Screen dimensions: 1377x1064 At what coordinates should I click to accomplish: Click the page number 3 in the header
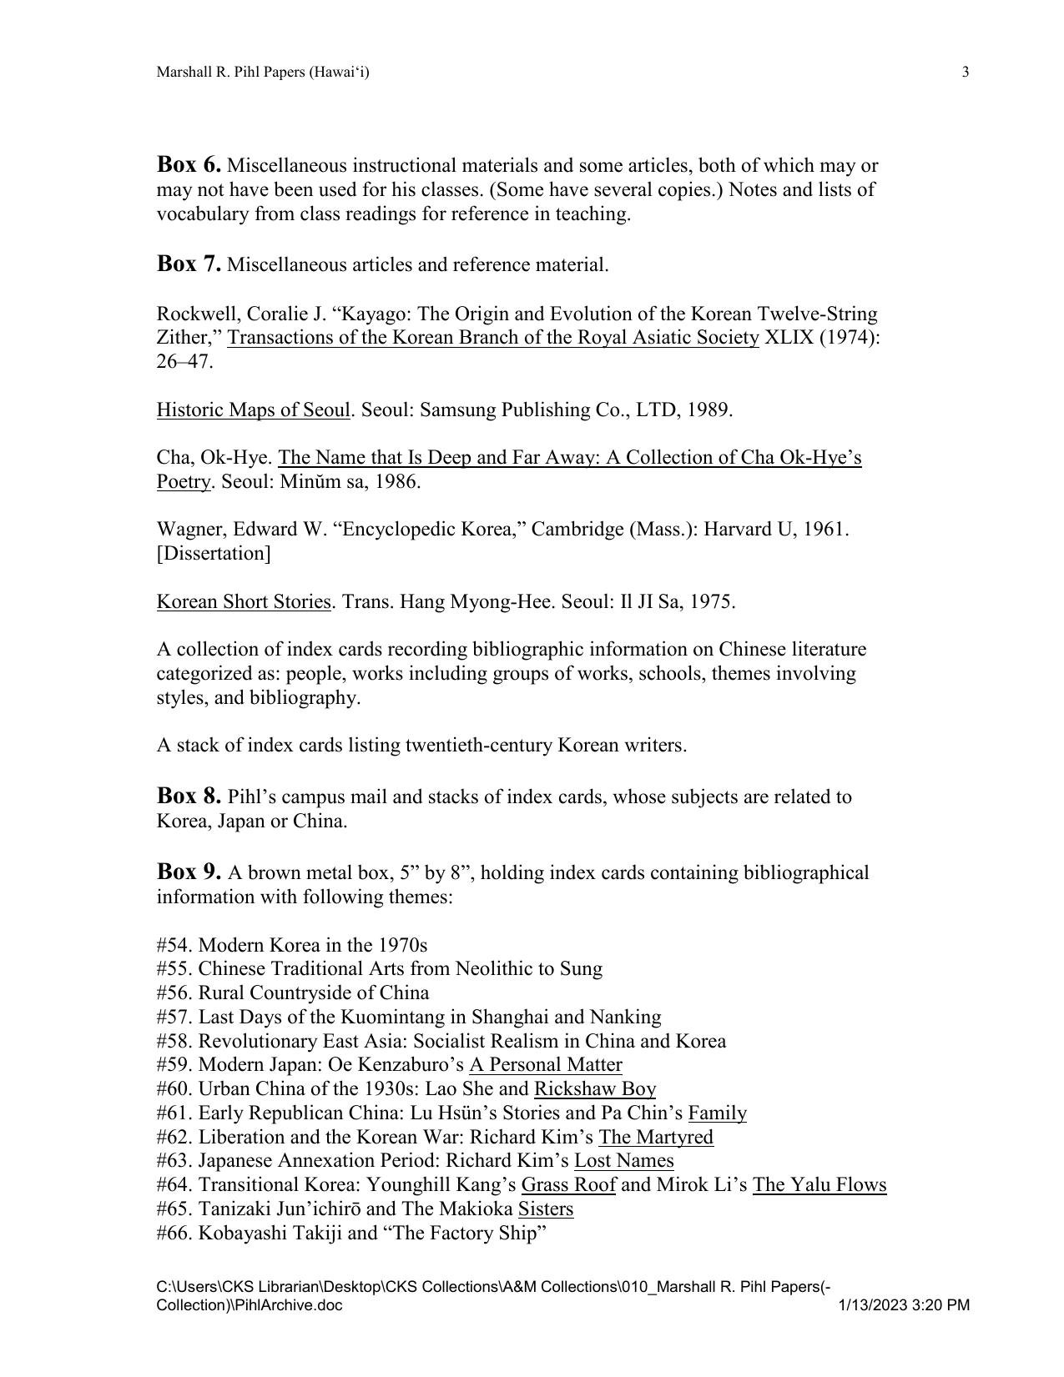point(966,73)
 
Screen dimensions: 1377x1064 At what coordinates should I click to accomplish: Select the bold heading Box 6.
point(189,164)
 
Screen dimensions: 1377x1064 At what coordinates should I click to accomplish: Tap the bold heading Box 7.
point(189,264)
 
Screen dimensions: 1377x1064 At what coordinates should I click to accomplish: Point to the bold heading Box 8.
point(189,796)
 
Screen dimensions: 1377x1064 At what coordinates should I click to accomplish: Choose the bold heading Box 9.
point(189,872)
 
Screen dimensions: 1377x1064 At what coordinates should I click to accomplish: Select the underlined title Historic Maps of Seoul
point(253,410)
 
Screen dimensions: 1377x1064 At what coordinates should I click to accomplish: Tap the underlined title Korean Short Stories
point(244,602)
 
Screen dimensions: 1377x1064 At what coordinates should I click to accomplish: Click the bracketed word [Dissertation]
point(214,554)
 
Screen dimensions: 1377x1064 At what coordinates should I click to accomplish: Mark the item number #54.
point(174,946)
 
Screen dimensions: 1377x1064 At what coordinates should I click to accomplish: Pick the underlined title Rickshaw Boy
point(595,1089)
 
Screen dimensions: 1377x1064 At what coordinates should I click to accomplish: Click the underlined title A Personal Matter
point(546,1065)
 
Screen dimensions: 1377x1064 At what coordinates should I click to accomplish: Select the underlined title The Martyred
point(656,1138)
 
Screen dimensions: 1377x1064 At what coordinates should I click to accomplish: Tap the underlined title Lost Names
point(623,1161)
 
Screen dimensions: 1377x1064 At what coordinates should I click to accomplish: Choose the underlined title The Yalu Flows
point(819,1185)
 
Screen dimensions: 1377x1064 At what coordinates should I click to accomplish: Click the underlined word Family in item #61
point(718,1113)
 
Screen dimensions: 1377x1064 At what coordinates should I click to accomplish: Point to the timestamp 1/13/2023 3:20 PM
point(904,1305)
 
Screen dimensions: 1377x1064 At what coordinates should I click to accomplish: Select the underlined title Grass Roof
point(568,1185)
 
